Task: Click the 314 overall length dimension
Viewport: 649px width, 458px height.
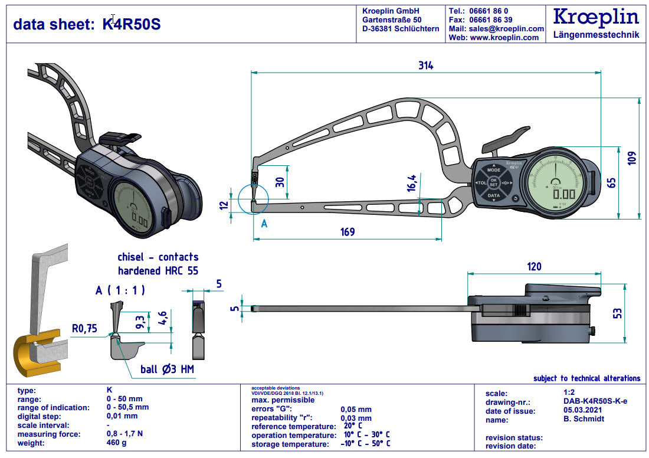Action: (x=425, y=66)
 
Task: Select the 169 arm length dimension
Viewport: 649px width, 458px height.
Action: (x=348, y=232)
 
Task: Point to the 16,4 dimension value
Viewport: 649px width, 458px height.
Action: (x=411, y=184)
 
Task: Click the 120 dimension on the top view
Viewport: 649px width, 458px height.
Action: (x=533, y=267)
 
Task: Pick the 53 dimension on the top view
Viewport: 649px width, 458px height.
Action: (x=617, y=312)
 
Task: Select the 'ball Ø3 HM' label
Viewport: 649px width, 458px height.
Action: (x=167, y=370)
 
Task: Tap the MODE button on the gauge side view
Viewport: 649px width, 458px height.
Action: (x=494, y=169)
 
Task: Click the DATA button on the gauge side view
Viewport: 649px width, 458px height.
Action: (x=494, y=196)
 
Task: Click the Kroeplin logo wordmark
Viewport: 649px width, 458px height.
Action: (x=596, y=17)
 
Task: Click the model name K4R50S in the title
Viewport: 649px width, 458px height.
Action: (x=131, y=24)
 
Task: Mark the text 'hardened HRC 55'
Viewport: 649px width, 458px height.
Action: (x=158, y=271)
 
